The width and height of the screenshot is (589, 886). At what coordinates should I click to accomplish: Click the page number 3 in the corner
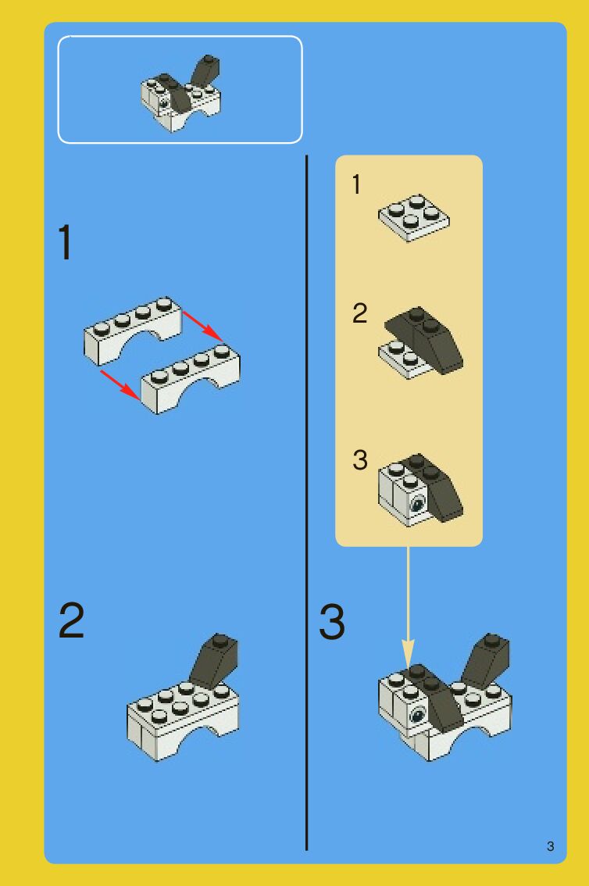[x=550, y=846]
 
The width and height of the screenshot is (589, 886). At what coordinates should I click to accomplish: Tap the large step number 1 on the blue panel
[x=66, y=242]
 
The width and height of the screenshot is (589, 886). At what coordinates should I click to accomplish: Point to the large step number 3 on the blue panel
[x=331, y=622]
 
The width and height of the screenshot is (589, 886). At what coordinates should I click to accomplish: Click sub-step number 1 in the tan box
[x=356, y=184]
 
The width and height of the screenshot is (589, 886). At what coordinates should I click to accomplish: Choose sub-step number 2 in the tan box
[x=359, y=313]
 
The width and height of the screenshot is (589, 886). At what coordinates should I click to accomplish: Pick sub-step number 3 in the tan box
[x=359, y=459]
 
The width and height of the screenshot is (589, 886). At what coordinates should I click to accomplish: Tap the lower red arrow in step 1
[x=120, y=385]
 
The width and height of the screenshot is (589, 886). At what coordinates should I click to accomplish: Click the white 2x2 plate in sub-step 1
[x=414, y=218]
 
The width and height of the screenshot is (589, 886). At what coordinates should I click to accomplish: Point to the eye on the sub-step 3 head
[x=417, y=502]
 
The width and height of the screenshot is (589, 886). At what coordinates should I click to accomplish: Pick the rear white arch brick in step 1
[x=134, y=330]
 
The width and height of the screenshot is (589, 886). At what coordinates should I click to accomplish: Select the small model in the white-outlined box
[x=180, y=93]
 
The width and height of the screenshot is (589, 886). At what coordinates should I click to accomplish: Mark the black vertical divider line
[x=307, y=502]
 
